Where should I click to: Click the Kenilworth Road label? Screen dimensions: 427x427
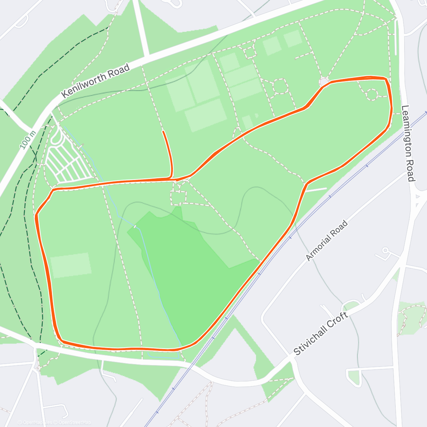(x=95, y=81)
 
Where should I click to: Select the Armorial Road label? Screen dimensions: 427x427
(x=326, y=241)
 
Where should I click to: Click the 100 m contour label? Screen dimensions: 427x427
(x=28, y=140)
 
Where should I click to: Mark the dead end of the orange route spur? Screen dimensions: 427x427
(x=163, y=132)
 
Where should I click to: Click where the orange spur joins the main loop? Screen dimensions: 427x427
(x=170, y=178)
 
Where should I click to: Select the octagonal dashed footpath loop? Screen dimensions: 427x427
(x=280, y=86)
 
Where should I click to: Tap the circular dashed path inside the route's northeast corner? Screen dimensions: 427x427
(x=372, y=94)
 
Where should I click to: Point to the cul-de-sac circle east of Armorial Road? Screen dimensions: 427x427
(x=385, y=251)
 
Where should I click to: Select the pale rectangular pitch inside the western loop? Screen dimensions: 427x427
(x=71, y=265)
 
